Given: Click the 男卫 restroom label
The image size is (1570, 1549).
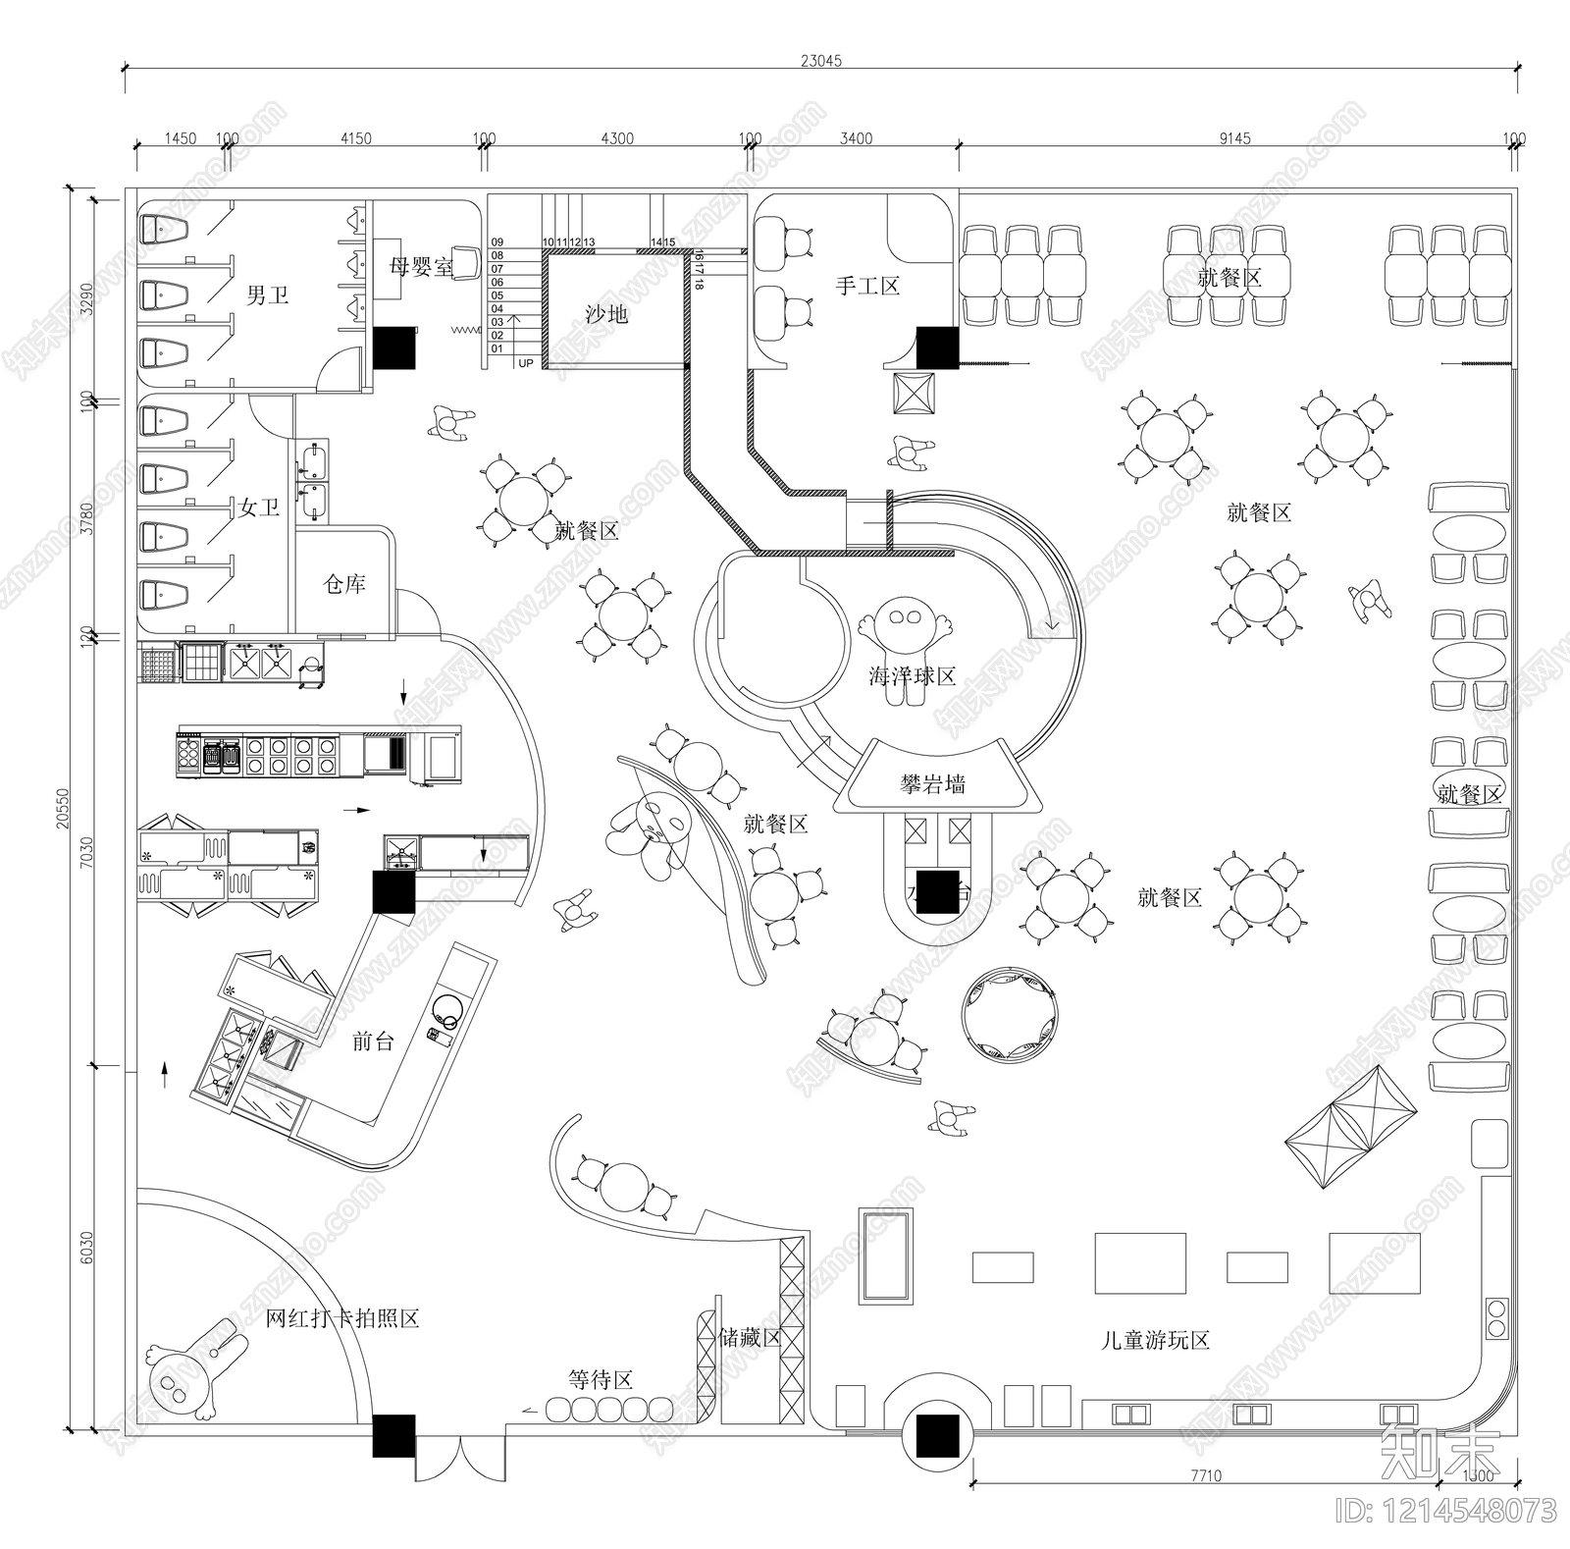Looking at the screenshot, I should tap(267, 294).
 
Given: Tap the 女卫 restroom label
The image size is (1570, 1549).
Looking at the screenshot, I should tap(260, 507).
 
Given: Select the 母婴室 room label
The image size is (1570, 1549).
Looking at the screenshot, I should tap(421, 266).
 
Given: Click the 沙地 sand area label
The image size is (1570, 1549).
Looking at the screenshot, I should tap(606, 314).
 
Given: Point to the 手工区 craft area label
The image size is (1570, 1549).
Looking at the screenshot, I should tap(867, 286).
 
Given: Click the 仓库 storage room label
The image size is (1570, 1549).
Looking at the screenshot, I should tap(344, 584).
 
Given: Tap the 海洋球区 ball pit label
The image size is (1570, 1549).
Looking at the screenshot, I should tap(912, 676).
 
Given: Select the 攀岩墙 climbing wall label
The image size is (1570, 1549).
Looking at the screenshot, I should tap(933, 784).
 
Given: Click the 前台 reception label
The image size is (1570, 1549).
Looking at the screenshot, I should tap(373, 1042).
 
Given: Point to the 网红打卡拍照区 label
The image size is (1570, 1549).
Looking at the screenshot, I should tap(342, 1318).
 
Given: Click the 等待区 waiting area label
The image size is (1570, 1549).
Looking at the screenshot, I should tap(601, 1379).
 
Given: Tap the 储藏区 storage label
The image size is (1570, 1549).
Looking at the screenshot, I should tap(750, 1338).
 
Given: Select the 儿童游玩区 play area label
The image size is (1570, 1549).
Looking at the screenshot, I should tap(1155, 1340).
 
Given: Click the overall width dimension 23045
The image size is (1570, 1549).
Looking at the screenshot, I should tap(820, 61).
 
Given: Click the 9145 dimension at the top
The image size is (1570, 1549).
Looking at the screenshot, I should tap(1234, 138).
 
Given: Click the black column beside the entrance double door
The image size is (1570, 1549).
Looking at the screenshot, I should tap(393, 1435).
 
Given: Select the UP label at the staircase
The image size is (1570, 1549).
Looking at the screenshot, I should tap(526, 363).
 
